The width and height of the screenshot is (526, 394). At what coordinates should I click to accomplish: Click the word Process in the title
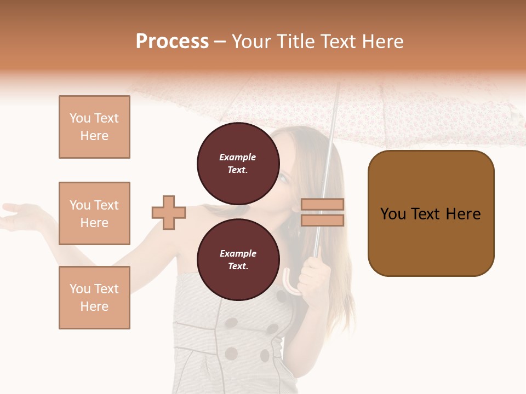tap(172, 42)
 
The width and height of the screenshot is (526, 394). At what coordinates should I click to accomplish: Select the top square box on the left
tap(94, 127)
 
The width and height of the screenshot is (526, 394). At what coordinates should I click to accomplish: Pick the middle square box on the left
tap(94, 213)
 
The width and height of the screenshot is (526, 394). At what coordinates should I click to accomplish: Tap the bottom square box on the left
tap(94, 298)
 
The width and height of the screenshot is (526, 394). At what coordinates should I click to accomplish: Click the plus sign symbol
tap(169, 212)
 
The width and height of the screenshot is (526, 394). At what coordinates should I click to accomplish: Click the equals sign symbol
tap(322, 212)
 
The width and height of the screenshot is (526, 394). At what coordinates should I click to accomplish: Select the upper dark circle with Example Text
tap(238, 164)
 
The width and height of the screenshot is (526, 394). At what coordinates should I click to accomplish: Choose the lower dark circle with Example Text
tap(238, 260)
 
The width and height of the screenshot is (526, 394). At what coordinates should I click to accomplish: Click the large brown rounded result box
tap(431, 213)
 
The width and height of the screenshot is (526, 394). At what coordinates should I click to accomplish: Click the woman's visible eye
tap(283, 178)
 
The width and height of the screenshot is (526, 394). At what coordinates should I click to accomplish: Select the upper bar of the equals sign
tap(322, 205)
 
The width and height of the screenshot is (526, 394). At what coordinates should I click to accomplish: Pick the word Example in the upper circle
tap(238, 157)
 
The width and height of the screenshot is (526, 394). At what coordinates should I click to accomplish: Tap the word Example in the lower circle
tap(238, 253)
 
